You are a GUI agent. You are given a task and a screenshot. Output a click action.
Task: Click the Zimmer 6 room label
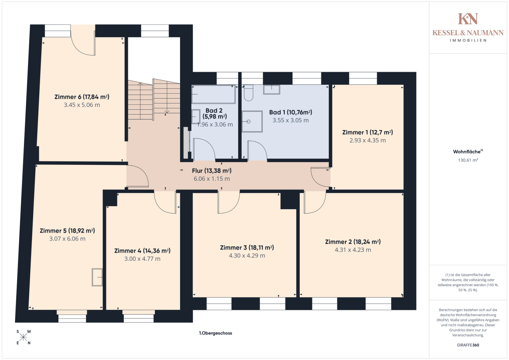[82, 97]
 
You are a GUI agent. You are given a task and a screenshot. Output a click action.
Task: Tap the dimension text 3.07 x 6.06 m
[67, 239]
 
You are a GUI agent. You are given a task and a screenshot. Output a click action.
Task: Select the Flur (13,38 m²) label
[212, 171]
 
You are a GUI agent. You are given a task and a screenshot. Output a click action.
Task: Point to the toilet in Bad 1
[248, 93]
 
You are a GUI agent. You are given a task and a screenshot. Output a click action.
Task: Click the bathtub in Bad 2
[213, 94]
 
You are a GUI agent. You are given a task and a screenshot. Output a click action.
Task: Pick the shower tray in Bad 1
[252, 121]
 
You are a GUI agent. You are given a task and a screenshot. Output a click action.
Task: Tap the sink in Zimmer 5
[97, 277]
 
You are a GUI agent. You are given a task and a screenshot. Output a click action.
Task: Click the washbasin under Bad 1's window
[271, 89]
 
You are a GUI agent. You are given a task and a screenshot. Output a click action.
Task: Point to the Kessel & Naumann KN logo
[468, 19]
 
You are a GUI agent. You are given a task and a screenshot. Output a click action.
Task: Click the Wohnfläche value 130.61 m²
[468, 160]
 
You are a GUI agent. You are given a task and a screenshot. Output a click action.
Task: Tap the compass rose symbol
[23, 337]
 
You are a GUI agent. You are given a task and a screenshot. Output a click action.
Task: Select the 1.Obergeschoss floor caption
[215, 333]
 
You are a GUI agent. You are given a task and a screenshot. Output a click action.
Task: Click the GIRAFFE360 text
[468, 345]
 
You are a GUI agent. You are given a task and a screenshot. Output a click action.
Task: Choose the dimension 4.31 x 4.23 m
[353, 250]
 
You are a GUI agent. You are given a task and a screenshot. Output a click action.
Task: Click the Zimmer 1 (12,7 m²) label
[368, 132]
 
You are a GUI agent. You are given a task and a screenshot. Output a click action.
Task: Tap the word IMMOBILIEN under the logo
[468, 40]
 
